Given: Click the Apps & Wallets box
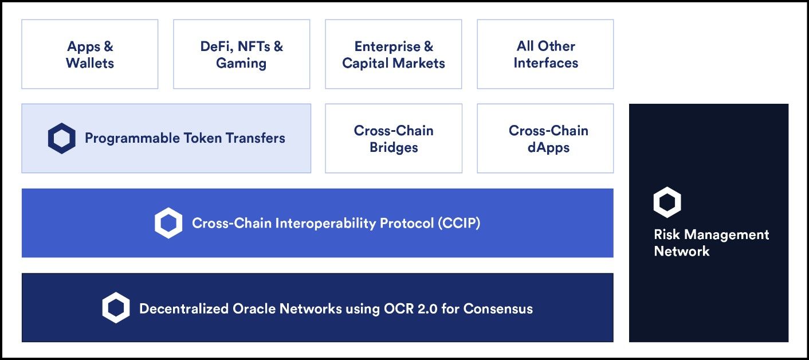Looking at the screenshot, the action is pyautogui.click(x=90, y=54).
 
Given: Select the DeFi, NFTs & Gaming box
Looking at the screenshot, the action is pyautogui.click(x=242, y=54).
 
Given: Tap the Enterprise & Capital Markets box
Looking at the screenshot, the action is pyautogui.click(x=393, y=54).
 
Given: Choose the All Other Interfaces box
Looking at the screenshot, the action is pyautogui.click(x=545, y=54).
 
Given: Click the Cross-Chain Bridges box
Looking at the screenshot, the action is pyautogui.click(x=394, y=138).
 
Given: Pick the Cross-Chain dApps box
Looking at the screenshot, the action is pyautogui.click(x=545, y=138).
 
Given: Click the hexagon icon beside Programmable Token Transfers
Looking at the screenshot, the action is pyautogui.click(x=62, y=138).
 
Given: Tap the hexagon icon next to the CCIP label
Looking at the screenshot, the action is pyautogui.click(x=168, y=223).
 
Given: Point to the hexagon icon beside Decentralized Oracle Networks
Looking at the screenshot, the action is pyautogui.click(x=116, y=308).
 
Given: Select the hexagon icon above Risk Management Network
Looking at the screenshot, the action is pyautogui.click(x=667, y=202).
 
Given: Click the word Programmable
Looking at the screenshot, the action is pyautogui.click(x=132, y=138).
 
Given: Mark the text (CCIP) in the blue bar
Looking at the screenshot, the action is pyautogui.click(x=459, y=223).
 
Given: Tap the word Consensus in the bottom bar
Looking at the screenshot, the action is pyautogui.click(x=498, y=308).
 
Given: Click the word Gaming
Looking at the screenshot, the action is pyautogui.click(x=241, y=64).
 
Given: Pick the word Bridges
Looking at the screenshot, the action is pyautogui.click(x=394, y=147).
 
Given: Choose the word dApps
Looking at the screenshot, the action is pyautogui.click(x=548, y=148).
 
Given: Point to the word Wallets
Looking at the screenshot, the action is pyautogui.click(x=90, y=63).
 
